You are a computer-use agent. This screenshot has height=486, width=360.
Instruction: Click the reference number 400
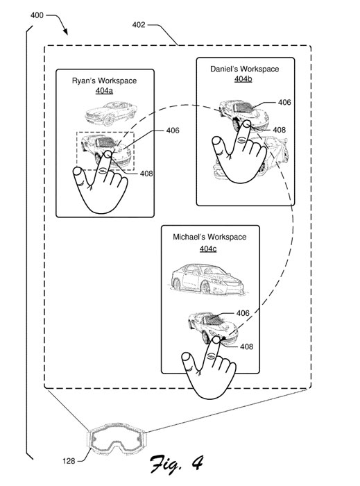click(37, 15)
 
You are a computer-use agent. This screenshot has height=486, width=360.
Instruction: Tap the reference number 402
click(138, 25)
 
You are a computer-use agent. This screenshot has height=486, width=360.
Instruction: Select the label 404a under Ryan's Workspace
click(104, 91)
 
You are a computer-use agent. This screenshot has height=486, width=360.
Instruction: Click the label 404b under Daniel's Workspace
click(243, 79)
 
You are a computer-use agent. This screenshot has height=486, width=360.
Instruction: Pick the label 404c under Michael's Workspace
click(208, 249)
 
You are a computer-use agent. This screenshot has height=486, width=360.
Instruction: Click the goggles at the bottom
click(116, 438)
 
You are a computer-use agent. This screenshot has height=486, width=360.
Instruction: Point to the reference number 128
click(69, 461)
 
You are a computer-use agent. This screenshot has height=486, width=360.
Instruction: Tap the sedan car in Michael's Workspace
click(207, 279)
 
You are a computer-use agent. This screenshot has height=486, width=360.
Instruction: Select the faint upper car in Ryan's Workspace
click(111, 113)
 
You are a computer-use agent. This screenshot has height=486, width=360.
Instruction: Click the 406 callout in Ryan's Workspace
click(173, 131)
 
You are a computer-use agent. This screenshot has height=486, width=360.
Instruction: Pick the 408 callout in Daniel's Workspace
click(280, 130)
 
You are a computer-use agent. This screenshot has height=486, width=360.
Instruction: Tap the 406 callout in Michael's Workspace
click(243, 313)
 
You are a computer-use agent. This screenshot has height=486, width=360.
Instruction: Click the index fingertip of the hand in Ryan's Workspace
click(108, 154)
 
